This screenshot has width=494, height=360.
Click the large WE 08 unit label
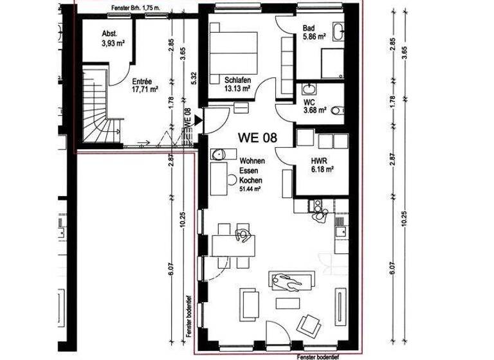point(257,137)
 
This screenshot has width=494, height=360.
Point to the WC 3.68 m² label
point(315,105)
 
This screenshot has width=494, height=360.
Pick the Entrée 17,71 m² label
point(142,86)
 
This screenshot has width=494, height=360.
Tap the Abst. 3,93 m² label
point(113,40)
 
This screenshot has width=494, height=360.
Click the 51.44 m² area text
point(251,190)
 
